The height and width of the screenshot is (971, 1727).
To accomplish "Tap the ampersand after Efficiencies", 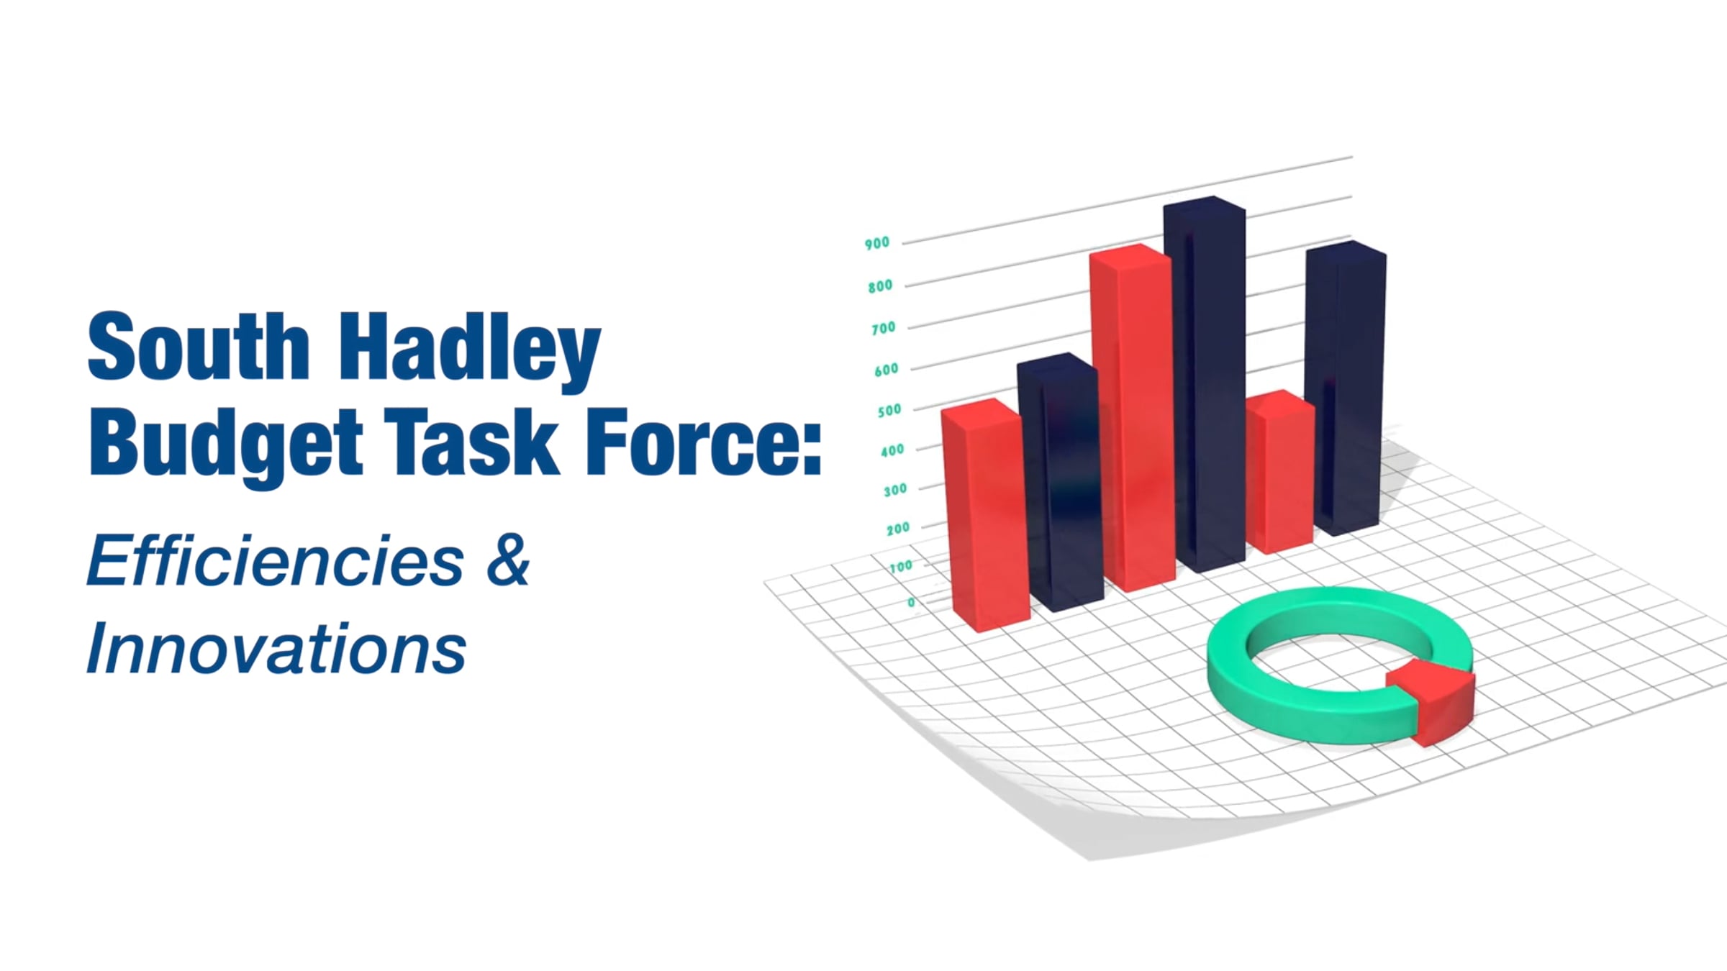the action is click(x=508, y=560).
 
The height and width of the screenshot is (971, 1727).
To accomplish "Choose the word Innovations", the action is click(x=276, y=648).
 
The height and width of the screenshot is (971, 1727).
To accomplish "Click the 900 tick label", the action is click(x=877, y=243).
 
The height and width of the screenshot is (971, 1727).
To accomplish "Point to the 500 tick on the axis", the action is click(x=889, y=411).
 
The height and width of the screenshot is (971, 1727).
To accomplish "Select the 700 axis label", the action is click(x=883, y=328).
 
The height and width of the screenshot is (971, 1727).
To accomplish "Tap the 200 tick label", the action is click(x=898, y=529).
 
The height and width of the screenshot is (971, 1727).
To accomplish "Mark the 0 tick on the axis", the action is click(x=912, y=602).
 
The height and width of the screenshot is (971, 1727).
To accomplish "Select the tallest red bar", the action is click(x=1132, y=417).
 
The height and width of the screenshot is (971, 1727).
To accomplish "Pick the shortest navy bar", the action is click(x=1059, y=482).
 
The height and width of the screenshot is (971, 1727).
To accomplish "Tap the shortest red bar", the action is click(x=1280, y=472).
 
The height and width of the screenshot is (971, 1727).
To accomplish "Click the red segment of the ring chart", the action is click(x=1432, y=701).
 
